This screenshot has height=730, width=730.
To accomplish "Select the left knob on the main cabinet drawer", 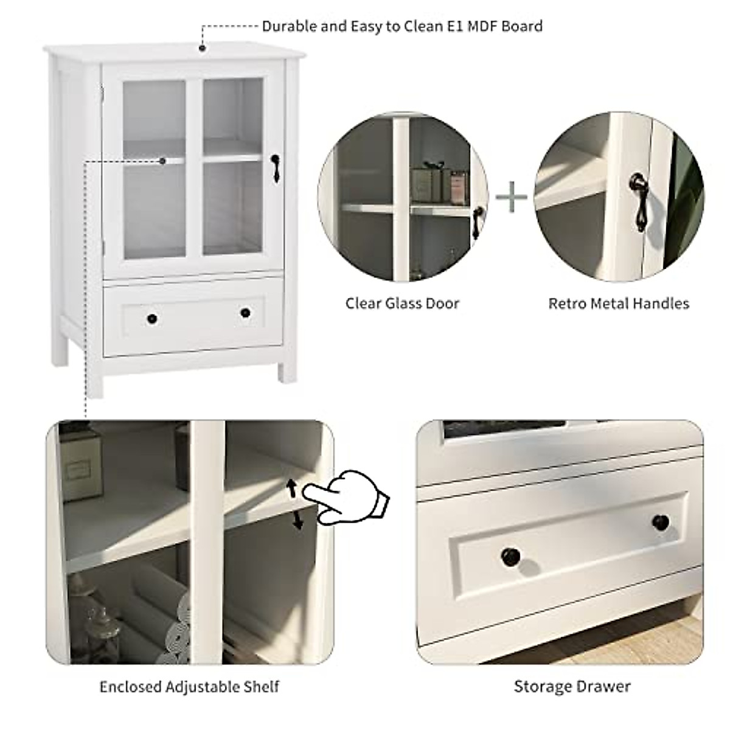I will point(151,318).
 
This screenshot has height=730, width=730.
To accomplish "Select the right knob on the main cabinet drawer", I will point(245,313).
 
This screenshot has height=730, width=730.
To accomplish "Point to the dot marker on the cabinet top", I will point(202,47).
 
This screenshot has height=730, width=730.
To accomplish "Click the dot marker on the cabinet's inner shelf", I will point(162,161).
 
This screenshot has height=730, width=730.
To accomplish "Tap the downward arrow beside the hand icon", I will point(297,520).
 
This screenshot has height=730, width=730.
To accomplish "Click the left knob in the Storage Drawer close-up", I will point(510,555).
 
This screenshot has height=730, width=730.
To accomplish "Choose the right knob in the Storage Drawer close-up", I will point(660,522).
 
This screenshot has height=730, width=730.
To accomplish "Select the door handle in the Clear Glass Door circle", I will point(478,218).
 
